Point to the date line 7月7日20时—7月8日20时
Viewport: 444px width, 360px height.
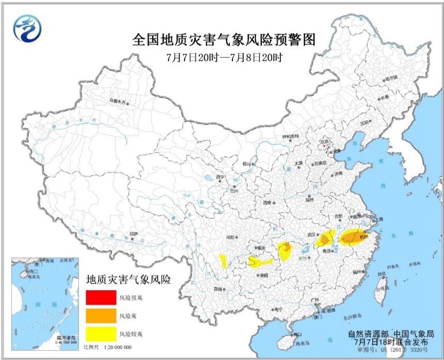click(223, 56)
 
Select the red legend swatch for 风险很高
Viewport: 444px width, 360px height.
click(101, 298)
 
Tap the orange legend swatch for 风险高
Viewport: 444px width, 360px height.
click(101, 315)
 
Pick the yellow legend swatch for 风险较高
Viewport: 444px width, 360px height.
click(101, 333)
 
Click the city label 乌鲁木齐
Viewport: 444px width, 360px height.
click(117, 101)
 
